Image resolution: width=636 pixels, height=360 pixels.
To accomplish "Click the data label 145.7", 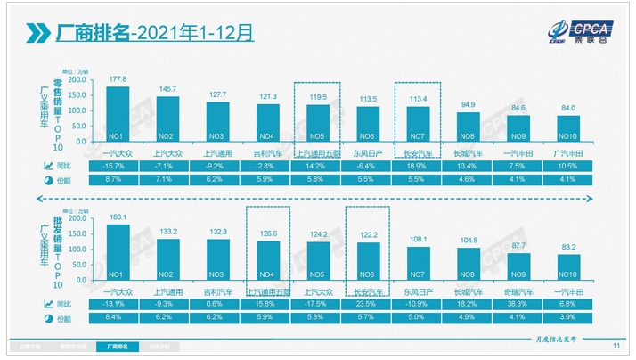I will point(167,88).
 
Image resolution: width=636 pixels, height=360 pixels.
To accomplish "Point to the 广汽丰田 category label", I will point(568,154).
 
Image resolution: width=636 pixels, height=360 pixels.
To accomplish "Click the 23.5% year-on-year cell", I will point(368,304).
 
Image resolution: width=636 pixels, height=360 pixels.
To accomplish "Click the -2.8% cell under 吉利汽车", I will point(267,166).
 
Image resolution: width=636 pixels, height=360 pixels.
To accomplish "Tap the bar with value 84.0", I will point(568,130).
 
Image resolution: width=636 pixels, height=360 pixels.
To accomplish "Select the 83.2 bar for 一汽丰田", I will point(567,268).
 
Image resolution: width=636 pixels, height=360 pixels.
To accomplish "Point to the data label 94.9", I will point(468,104).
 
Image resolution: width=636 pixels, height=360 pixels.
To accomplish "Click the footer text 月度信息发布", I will point(560,340).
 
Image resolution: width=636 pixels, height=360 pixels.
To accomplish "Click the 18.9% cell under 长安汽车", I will point(418,166).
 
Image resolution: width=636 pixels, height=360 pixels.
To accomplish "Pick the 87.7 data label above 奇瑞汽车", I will point(518,244).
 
